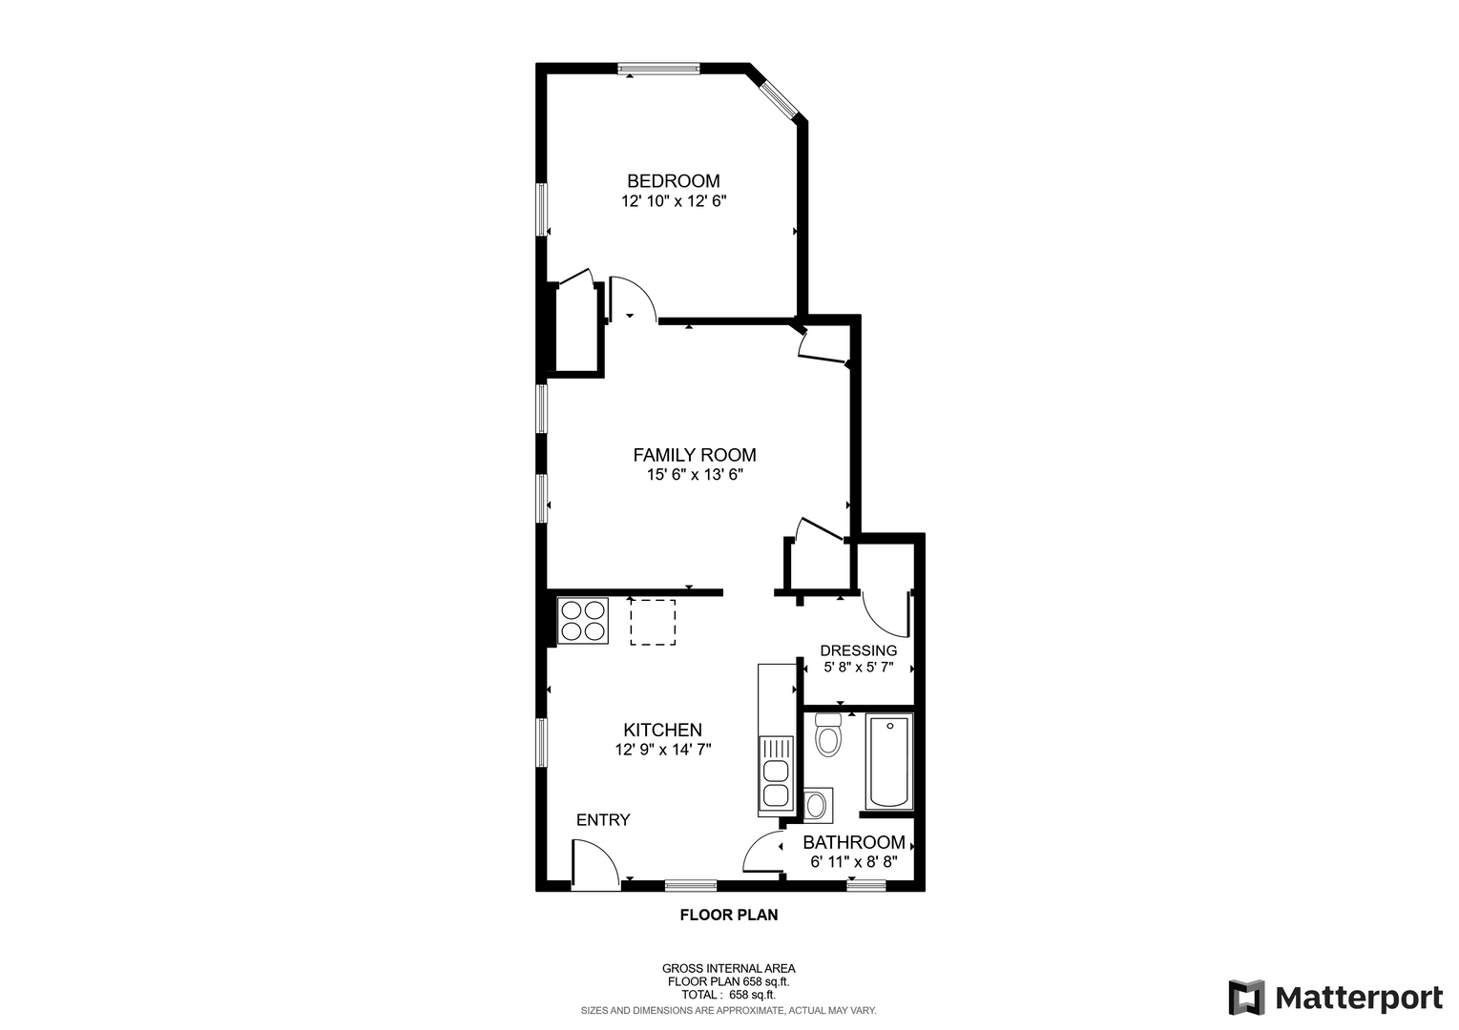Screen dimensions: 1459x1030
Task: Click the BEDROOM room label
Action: (674, 180)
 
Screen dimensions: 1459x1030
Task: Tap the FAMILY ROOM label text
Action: (695, 455)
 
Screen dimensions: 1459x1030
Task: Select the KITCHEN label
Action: (662, 730)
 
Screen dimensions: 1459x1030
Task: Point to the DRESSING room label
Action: (859, 650)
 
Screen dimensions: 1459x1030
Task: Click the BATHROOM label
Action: (854, 842)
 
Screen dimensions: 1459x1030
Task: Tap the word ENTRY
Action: (603, 819)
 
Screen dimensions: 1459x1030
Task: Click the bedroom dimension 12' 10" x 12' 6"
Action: (674, 201)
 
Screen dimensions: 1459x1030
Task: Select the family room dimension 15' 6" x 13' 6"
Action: (695, 475)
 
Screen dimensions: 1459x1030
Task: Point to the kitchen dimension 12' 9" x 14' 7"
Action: (662, 750)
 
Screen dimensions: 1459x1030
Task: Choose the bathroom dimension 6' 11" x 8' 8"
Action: (854, 862)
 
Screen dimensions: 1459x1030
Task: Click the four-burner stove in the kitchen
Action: (583, 621)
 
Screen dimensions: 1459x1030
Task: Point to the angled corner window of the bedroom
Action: (780, 100)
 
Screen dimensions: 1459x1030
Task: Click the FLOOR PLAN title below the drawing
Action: (729, 915)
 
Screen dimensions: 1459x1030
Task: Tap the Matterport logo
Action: (1335, 998)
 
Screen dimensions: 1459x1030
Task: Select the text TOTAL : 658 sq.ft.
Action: (728, 995)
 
